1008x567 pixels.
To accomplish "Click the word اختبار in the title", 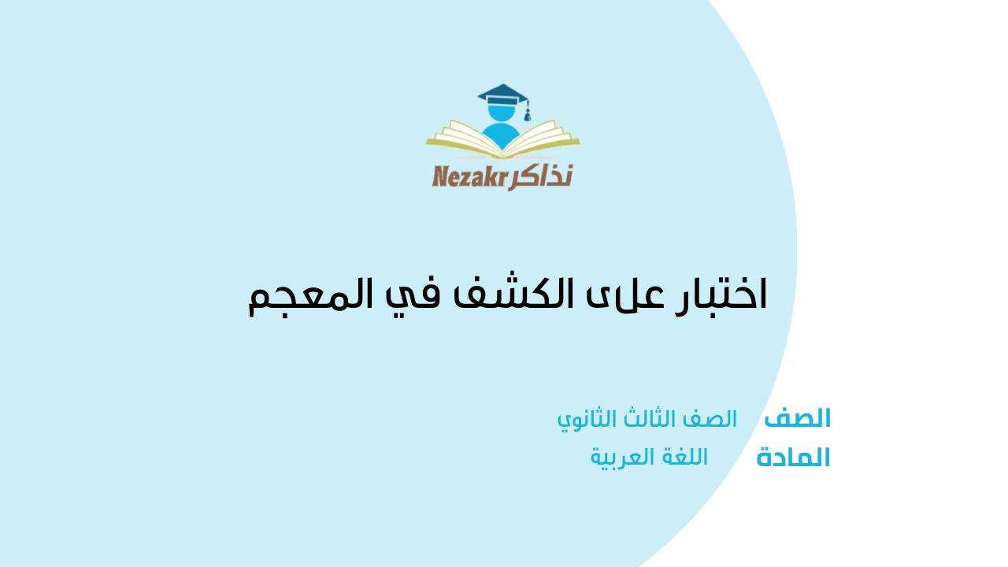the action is [x=720, y=295].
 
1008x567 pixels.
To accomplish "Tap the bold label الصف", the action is [x=797, y=418].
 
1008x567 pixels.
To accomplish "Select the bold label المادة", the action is [x=793, y=458].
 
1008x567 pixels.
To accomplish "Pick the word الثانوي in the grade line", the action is [x=587, y=420].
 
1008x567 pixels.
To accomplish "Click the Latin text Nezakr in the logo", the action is [x=469, y=176].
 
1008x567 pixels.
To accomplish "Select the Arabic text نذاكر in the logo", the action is [x=540, y=176].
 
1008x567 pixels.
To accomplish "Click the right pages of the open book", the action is [x=543, y=137].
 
